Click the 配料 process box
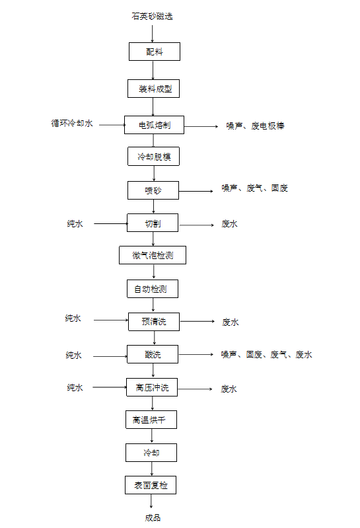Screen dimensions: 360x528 click(x=155, y=52)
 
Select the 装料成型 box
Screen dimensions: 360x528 click(x=153, y=89)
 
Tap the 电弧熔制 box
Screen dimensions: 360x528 click(x=154, y=125)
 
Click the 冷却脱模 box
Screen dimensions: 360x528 click(x=153, y=156)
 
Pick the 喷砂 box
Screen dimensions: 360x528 click(x=153, y=190)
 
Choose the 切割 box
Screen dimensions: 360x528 click(x=153, y=223)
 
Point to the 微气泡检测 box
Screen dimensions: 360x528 click(x=153, y=255)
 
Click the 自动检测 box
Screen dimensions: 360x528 click(x=153, y=289)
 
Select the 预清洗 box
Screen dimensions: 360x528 click(x=154, y=322)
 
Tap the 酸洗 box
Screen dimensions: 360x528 click(x=153, y=354)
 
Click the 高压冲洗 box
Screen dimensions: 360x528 click(x=152, y=387)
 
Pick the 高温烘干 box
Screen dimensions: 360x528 click(x=151, y=420)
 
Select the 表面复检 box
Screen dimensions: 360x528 click(x=151, y=485)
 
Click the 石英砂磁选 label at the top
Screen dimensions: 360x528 click(x=152, y=16)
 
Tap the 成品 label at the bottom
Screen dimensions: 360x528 click(x=153, y=517)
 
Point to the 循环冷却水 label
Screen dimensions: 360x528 click(x=71, y=124)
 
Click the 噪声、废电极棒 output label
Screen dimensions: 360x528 click(x=255, y=126)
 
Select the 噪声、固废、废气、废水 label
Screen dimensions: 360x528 click(x=266, y=354)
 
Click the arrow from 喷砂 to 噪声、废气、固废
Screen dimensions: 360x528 click(x=196, y=191)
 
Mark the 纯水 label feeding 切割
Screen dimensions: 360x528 click(x=75, y=223)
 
